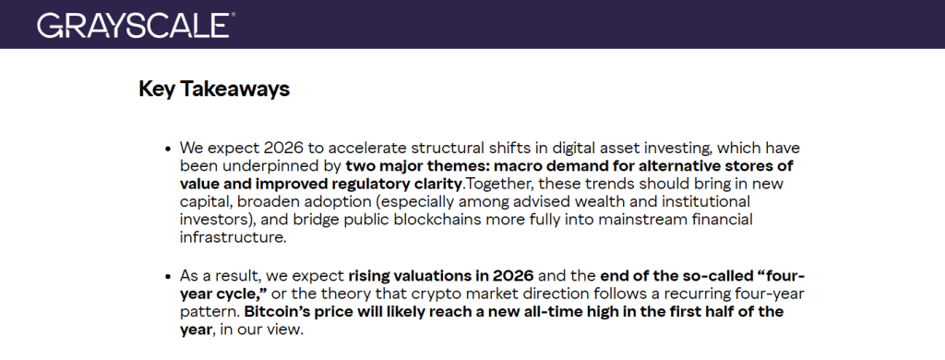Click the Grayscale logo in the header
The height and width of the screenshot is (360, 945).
[x=135, y=24]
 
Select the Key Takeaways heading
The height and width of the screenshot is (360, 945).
[x=214, y=89]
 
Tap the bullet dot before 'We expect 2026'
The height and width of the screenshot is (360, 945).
[x=168, y=148]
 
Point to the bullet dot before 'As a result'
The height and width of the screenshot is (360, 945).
[x=168, y=277]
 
